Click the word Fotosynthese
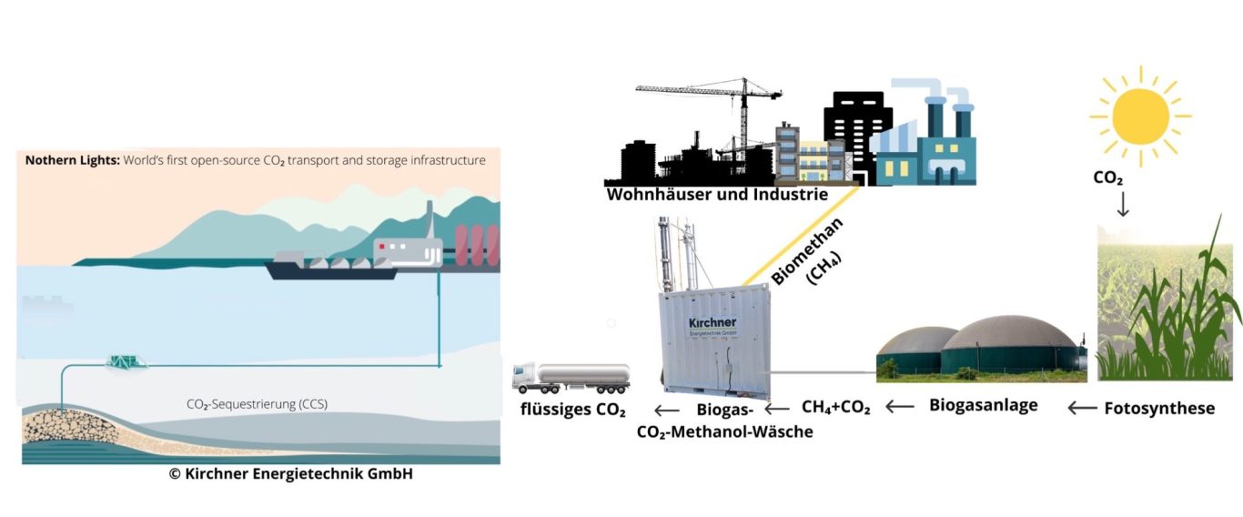point(1159,409)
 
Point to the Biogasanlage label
point(983,406)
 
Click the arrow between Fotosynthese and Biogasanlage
point(1082,409)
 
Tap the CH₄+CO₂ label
point(835,408)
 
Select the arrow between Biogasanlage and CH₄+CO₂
point(901,407)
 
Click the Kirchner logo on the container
point(712,325)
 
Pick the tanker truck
point(571,376)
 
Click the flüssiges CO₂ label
point(572,410)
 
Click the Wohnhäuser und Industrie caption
point(717,194)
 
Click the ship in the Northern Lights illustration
point(332,267)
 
